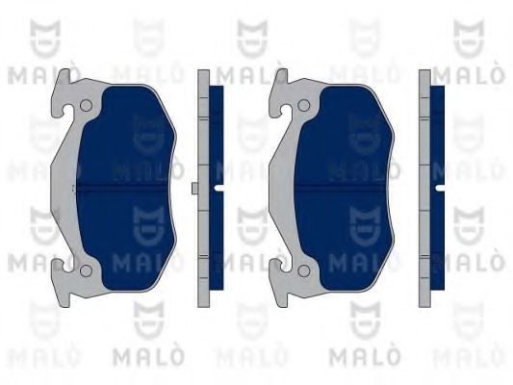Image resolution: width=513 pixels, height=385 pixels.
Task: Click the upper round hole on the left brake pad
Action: [x=86, y=105]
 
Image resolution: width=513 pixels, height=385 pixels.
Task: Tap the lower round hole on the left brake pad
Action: [x=86, y=270]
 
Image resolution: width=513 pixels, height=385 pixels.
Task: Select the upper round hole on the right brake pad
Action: [x=303, y=105]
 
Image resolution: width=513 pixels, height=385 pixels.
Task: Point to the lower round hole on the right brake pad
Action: [x=303, y=270]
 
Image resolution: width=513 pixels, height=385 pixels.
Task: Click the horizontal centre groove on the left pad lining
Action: [x=121, y=188]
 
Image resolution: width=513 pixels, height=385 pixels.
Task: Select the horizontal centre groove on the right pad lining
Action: [x=340, y=188]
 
